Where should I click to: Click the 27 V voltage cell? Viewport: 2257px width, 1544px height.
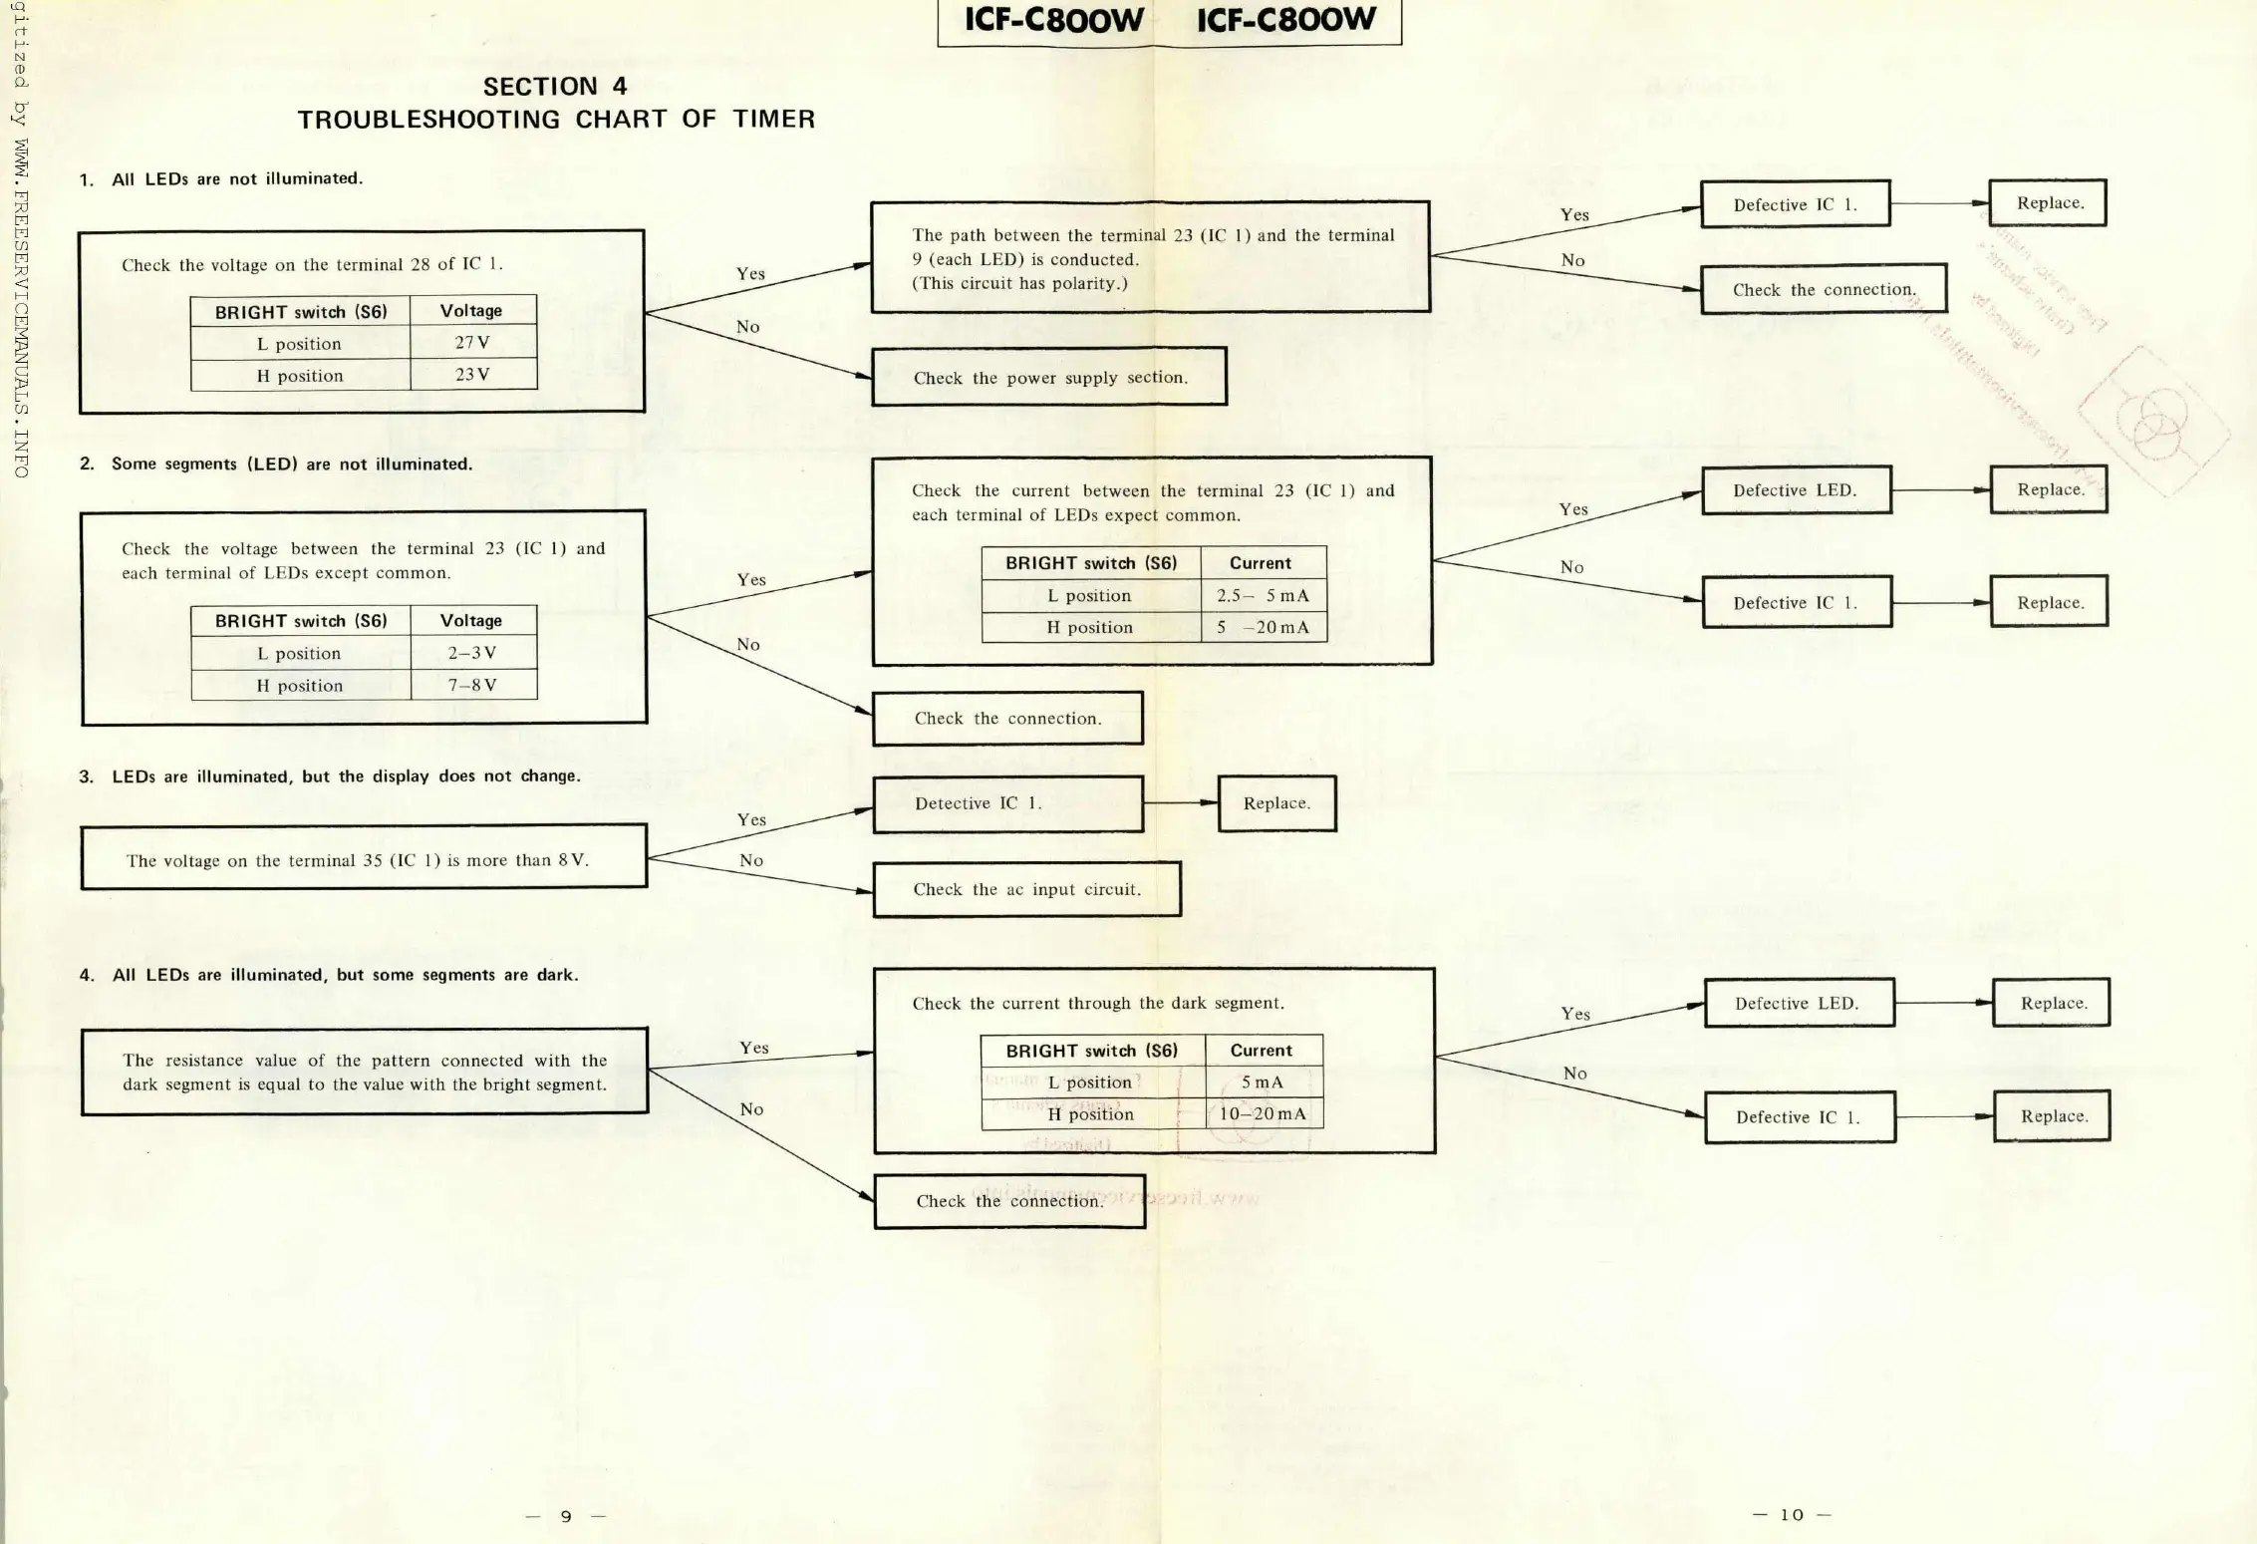click(x=472, y=343)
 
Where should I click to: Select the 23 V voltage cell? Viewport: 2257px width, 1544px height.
click(x=472, y=375)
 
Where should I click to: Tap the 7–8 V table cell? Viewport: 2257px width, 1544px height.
click(x=472, y=685)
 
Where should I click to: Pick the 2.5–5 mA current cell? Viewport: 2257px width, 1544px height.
click(x=1263, y=595)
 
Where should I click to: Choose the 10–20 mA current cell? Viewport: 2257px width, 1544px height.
click(x=1263, y=1113)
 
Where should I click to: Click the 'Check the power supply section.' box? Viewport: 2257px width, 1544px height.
click(x=1048, y=377)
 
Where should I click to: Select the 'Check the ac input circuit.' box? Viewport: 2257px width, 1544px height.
click(x=1026, y=889)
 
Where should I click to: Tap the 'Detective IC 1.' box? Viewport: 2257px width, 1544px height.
click(x=1007, y=803)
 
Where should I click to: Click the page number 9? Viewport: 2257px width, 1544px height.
click(x=566, y=1516)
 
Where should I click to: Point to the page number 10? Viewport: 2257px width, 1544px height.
click(x=1792, y=1515)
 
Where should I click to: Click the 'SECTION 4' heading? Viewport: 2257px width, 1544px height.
click(x=555, y=87)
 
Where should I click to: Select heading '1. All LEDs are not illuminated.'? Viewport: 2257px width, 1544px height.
click(x=221, y=179)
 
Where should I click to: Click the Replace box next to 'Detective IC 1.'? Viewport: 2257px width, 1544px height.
click(x=1276, y=803)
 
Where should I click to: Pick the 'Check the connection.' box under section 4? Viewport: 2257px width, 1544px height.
click(x=1009, y=1201)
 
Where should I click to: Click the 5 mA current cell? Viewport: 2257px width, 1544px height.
click(x=1263, y=1081)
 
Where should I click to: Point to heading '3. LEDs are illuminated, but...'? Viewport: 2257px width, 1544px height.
click(x=329, y=776)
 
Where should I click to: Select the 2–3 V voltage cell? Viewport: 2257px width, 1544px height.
click(x=472, y=653)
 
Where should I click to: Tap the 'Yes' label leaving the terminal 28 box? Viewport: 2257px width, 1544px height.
click(x=750, y=274)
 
